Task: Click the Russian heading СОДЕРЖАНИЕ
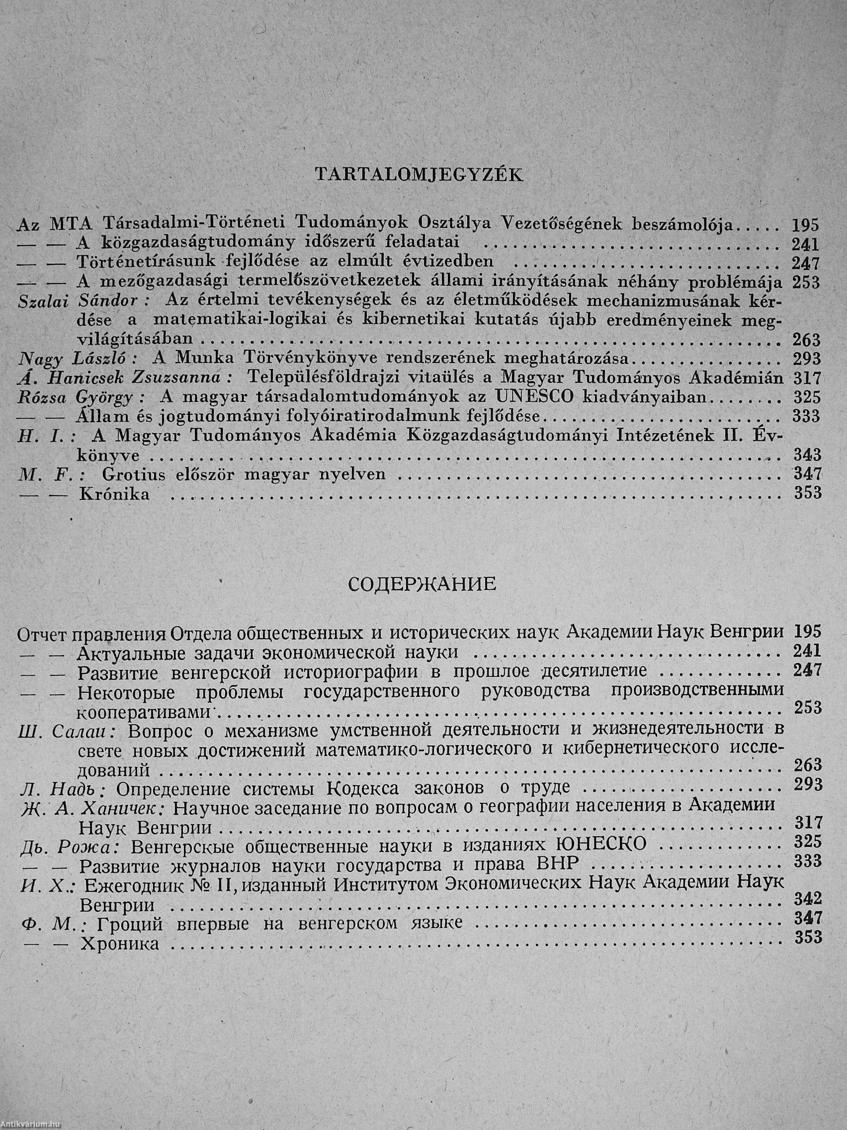[x=422, y=584]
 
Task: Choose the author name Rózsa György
[x=82, y=397]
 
